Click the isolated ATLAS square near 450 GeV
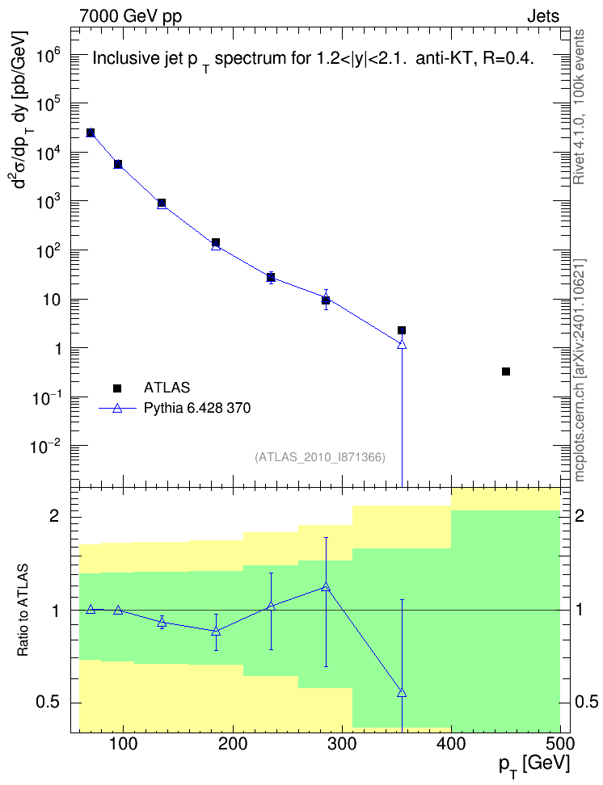tap(506, 372)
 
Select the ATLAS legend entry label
tap(167, 388)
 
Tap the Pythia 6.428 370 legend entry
tap(197, 408)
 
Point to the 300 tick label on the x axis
tap(343, 744)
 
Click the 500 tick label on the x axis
tap(560, 744)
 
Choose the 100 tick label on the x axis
tap(124, 744)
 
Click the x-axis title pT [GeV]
tap(534, 766)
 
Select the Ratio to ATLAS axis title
tap(23, 611)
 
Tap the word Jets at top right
tap(543, 16)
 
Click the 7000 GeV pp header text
tap(130, 17)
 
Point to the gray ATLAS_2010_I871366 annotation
tap(320, 457)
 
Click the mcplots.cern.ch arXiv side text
tap(580, 370)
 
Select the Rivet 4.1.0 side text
tap(579, 107)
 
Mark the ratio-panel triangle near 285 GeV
tap(326, 587)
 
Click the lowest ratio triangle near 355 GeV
tap(402, 693)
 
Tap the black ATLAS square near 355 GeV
tap(402, 330)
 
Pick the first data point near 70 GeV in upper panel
tap(91, 132)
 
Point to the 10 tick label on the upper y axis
tap(52, 300)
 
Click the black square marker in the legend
tap(117, 388)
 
